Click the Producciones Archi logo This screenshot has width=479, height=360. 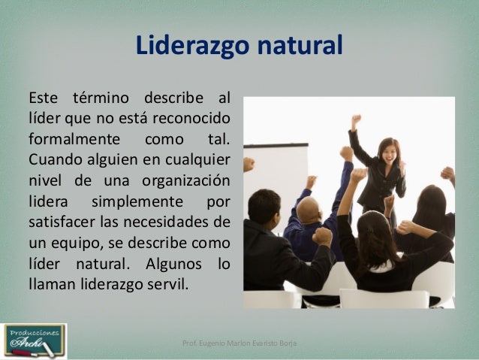point(34,340)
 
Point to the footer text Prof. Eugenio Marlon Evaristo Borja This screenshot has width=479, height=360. point(239,343)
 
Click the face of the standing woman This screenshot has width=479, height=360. point(388,151)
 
